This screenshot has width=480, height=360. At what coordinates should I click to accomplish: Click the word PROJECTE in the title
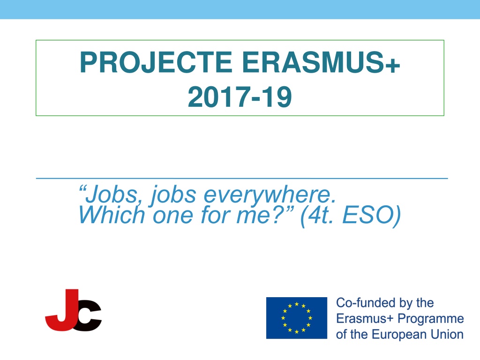click(x=156, y=62)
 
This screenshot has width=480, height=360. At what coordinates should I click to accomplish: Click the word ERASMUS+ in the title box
click(x=321, y=62)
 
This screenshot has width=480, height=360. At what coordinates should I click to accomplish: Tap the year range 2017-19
click(x=240, y=97)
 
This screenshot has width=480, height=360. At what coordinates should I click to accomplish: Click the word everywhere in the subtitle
click(x=270, y=195)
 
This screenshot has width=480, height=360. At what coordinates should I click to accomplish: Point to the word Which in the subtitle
click(x=112, y=215)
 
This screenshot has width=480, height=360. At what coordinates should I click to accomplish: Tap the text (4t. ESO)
click(x=351, y=216)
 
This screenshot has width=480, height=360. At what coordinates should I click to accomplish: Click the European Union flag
click(x=296, y=318)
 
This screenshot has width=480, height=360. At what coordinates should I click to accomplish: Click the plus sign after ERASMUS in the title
click(x=395, y=66)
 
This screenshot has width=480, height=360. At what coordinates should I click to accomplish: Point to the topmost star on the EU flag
click(x=296, y=304)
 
